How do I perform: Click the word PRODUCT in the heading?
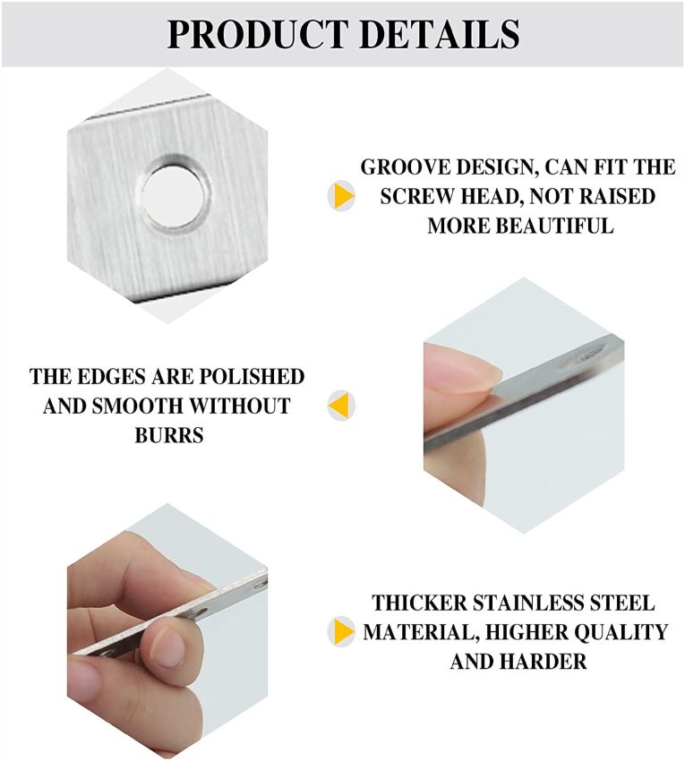[256, 34]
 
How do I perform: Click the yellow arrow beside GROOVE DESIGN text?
[343, 195]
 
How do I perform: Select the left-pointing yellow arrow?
[340, 405]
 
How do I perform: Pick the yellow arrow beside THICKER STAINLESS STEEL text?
[343, 631]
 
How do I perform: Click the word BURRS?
[168, 435]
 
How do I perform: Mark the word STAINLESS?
[528, 603]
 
